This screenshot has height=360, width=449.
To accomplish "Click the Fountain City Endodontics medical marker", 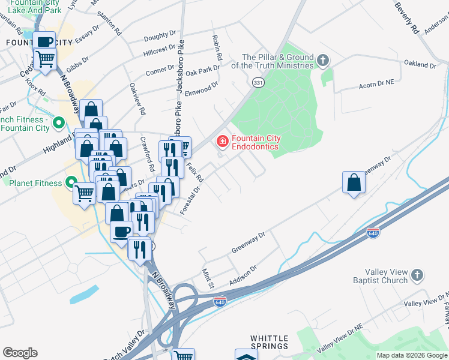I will pos(222,142).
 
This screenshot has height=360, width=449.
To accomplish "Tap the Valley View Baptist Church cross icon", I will pos(417,275).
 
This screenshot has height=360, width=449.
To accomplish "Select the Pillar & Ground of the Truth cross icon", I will pos(324,60).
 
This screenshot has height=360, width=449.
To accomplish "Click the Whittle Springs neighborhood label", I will pos(270,342).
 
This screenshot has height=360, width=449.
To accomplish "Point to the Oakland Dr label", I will pos(420,64).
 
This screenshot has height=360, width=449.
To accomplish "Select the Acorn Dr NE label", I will pos(375,85).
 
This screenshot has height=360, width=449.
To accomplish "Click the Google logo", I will pos(20,353).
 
